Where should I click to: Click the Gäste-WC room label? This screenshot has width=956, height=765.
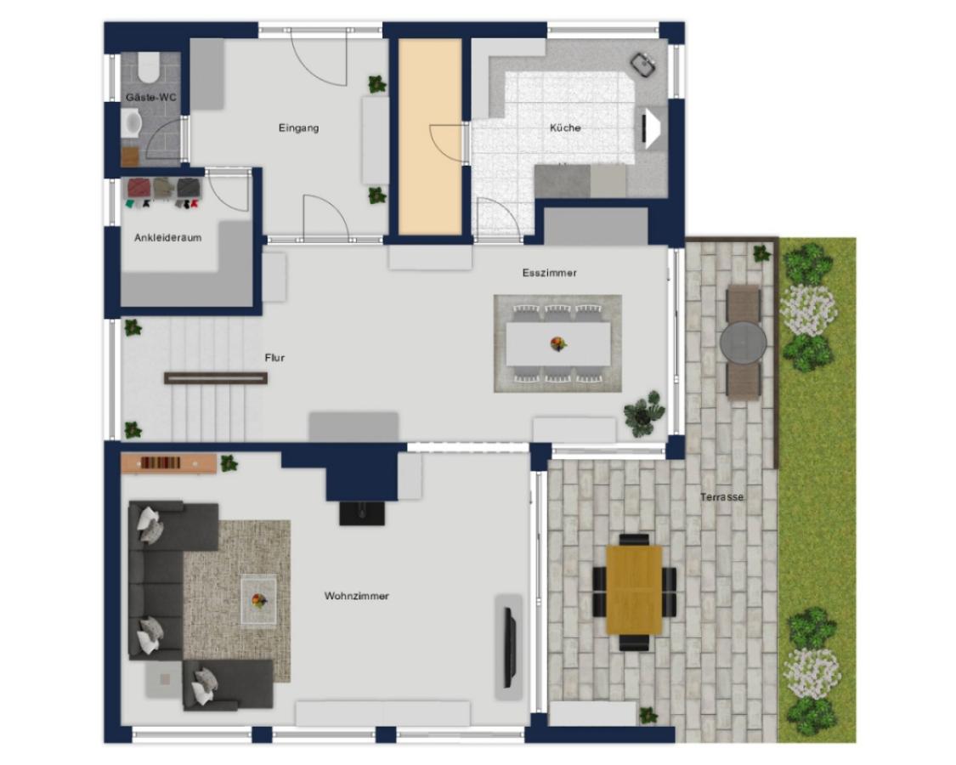tap(150, 97)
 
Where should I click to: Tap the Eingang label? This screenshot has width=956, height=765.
tap(299, 128)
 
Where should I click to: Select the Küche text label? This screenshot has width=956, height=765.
tap(565, 127)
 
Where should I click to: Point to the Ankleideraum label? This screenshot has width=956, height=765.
tap(167, 237)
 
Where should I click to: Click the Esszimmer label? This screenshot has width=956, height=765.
tap(549, 273)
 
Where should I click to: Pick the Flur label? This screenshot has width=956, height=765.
tap(274, 358)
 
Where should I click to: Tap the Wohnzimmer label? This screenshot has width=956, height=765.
tap(357, 596)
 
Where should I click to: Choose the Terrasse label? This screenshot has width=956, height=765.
tap(721, 496)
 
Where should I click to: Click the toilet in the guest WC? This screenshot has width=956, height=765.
tap(148, 66)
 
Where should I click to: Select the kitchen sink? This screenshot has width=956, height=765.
tap(643, 65)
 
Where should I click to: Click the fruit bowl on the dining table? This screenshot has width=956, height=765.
tap(557, 344)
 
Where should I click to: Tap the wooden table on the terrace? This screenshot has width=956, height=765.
tap(634, 590)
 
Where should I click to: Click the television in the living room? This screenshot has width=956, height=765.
tap(511, 647)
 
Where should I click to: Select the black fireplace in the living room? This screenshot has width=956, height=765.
tap(362, 513)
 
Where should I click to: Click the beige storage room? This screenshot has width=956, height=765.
tap(430, 137)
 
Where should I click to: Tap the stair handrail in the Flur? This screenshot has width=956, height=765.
tap(216, 378)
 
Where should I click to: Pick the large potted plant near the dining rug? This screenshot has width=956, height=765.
tap(643, 413)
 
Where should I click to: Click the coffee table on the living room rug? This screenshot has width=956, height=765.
tap(259, 600)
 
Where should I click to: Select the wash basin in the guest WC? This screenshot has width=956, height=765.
tap(132, 123)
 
